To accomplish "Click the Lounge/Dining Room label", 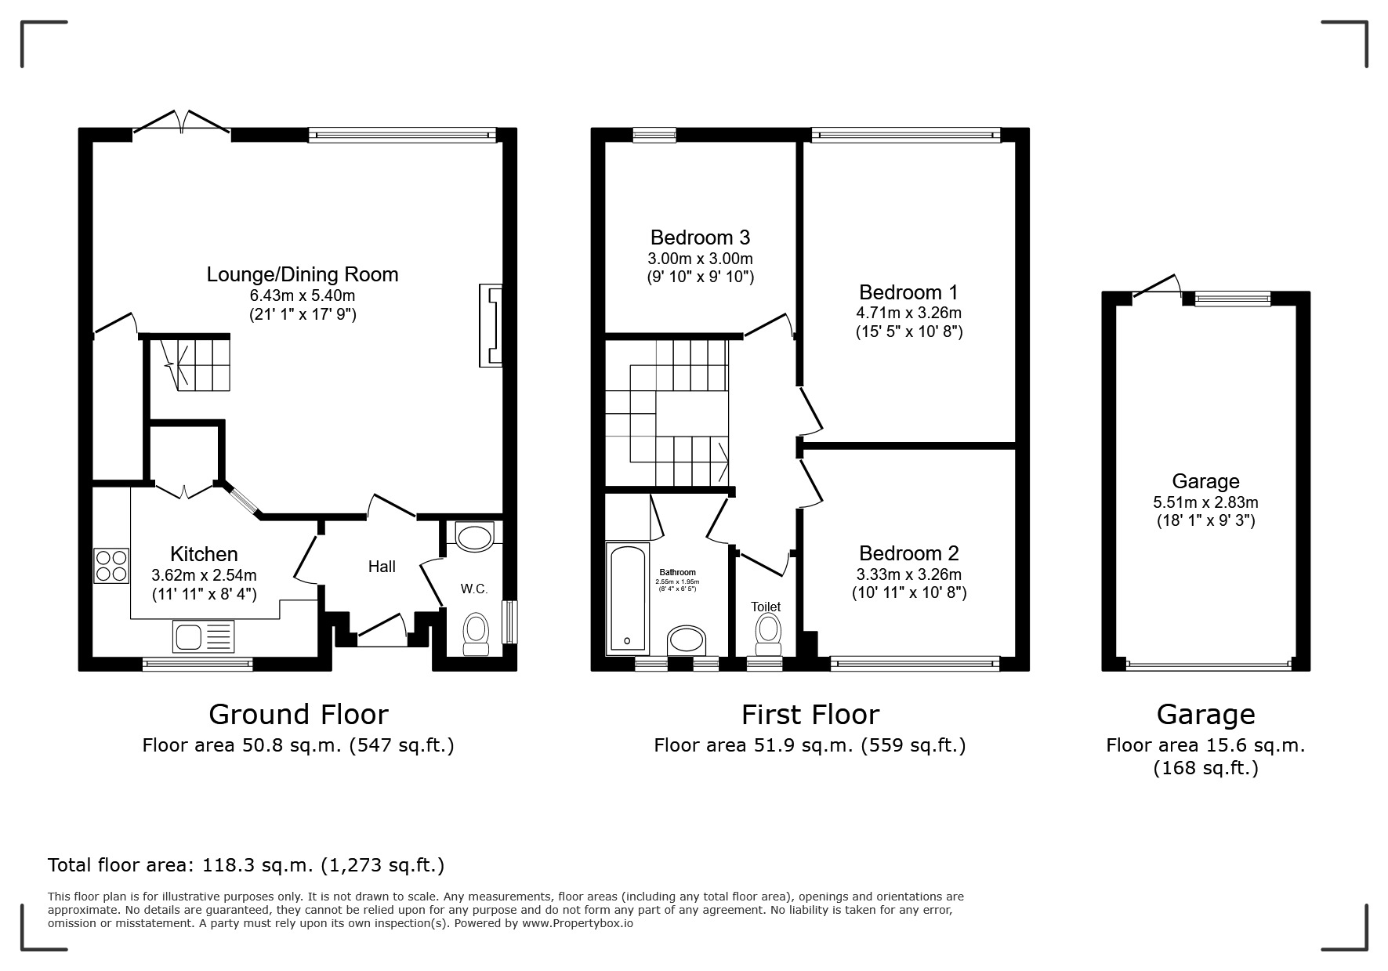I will (x=302, y=274).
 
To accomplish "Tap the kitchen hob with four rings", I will (x=111, y=565).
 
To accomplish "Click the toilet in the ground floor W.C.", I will (x=476, y=632).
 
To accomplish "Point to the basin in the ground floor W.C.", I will (x=474, y=538).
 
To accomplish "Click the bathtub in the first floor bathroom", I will (x=627, y=597).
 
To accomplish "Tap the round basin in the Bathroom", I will (x=687, y=640).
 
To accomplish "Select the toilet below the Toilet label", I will (x=768, y=633).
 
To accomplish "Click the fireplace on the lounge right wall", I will (x=491, y=325).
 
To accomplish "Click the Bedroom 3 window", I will (x=654, y=136).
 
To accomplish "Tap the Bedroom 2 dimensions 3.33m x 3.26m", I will (x=908, y=574).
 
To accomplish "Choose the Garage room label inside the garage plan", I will (x=1205, y=481).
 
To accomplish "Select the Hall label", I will (x=382, y=567).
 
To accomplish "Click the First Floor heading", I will (x=810, y=715).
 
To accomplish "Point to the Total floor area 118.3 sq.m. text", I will (x=246, y=865).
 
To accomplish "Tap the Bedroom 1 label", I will (x=908, y=292).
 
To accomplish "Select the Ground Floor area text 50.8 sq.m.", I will (x=298, y=745).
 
